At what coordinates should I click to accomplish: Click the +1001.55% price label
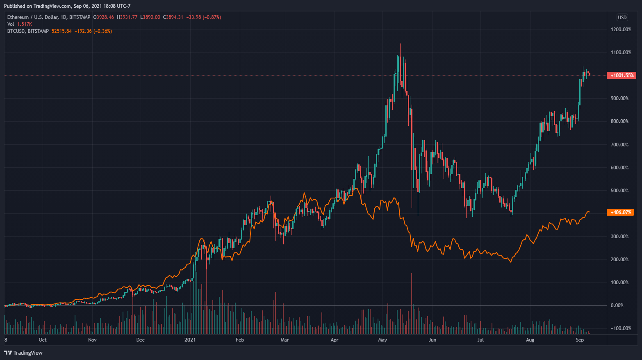pos(622,75)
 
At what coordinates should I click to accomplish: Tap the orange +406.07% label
pos(621,212)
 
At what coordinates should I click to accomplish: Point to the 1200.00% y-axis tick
pos(621,30)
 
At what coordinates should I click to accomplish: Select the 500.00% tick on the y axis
pos(619,191)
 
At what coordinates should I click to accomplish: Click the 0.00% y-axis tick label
pos(617,305)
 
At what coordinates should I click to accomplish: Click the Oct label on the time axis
pos(43,340)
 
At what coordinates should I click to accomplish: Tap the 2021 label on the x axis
pos(190,340)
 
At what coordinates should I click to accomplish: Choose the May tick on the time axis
pos(382,340)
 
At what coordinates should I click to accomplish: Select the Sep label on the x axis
pos(580,340)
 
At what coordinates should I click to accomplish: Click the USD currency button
pos(622,17)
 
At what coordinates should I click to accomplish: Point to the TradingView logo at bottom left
pos(23,353)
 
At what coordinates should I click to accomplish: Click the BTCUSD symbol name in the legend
pos(16,31)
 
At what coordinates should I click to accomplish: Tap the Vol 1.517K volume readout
pos(20,24)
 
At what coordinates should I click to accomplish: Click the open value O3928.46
pos(104,17)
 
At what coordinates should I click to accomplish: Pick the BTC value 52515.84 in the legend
pos(61,31)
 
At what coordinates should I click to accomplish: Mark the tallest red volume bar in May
pos(411,303)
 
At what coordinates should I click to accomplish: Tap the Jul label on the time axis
pos(480,340)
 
